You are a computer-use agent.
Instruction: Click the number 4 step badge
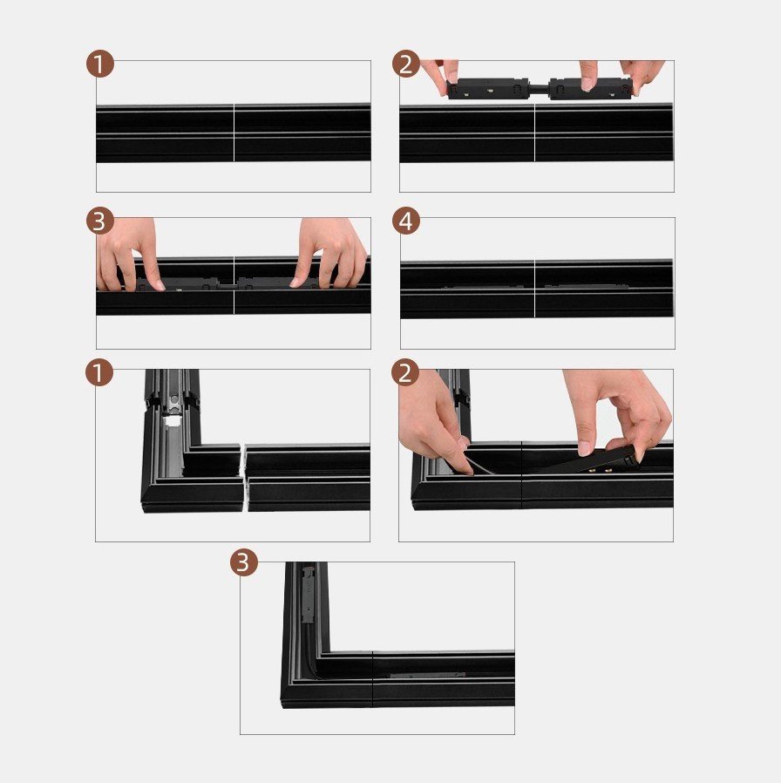tap(405, 221)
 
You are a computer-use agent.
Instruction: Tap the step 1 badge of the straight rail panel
tap(100, 64)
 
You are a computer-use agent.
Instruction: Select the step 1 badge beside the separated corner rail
tap(99, 372)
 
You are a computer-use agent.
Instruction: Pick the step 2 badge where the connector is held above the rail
tap(405, 64)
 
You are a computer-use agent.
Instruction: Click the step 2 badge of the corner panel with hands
tap(405, 372)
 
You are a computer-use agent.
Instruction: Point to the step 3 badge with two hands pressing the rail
tap(100, 221)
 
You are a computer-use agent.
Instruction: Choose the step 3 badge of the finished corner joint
tap(243, 562)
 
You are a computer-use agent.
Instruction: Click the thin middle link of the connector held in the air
tap(539, 89)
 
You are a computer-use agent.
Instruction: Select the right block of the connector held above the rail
tap(591, 88)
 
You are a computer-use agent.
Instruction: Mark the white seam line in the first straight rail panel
tap(234, 133)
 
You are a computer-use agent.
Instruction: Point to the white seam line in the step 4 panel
tap(534, 289)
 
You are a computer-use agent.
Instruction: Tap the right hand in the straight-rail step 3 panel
tap(331, 254)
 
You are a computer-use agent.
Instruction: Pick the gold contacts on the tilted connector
tap(601, 469)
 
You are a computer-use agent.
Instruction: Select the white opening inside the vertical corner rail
tap(172, 421)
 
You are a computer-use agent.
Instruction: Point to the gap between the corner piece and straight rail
tap(244, 477)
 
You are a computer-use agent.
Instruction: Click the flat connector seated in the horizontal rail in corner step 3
tap(427, 675)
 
